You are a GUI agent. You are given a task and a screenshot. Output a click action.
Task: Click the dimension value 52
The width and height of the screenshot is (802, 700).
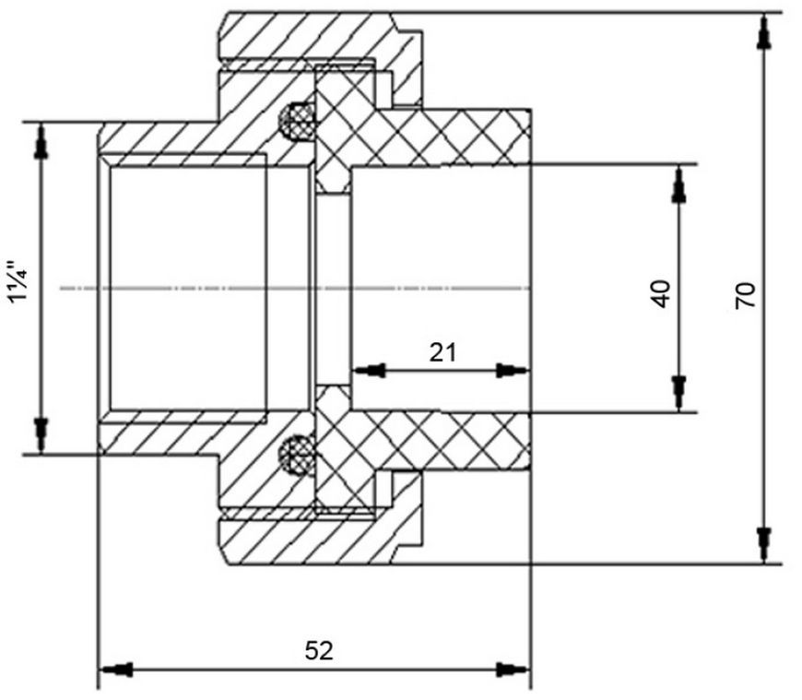tap(319, 650)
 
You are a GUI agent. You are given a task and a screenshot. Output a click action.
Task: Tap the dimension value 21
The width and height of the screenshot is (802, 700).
tap(442, 352)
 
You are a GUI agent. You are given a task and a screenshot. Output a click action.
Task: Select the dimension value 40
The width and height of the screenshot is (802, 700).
tap(662, 293)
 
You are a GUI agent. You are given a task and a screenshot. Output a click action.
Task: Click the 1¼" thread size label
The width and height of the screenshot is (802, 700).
tap(19, 289)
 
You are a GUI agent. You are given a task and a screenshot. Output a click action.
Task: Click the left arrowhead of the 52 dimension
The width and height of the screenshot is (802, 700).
tap(117, 669)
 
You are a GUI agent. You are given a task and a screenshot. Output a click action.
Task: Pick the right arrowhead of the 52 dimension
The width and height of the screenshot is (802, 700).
tap(512, 669)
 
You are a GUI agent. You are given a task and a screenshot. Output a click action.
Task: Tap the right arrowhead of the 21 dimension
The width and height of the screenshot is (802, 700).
tap(513, 370)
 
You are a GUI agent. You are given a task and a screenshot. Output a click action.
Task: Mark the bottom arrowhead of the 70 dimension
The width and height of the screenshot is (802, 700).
tap(764, 545)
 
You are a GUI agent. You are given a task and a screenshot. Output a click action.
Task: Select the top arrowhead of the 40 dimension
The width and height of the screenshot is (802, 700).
tap(678, 184)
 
